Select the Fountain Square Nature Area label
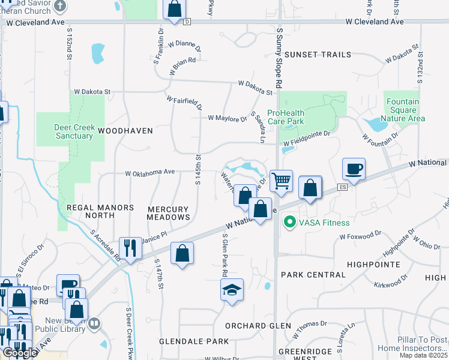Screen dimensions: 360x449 (x=402, y=110)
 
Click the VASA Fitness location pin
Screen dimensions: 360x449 (x=290, y=223)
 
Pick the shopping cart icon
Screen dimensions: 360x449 (x=281, y=180)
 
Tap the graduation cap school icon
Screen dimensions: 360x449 (x=232, y=290)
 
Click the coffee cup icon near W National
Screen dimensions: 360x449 (x=353, y=169)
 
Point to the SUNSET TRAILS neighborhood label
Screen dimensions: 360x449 (x=318, y=55)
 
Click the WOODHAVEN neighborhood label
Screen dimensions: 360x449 (x=125, y=130)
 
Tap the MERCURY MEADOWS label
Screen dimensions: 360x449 (x=169, y=212)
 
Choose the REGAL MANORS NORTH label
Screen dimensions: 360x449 (x=100, y=211)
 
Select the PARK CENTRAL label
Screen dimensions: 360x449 (x=313, y=275)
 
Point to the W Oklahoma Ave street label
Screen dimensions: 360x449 (x=149, y=173)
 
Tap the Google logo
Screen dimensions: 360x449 (x=20, y=353)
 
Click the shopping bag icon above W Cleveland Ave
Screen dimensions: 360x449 (x=174, y=10)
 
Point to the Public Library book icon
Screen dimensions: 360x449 (x=94, y=325)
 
